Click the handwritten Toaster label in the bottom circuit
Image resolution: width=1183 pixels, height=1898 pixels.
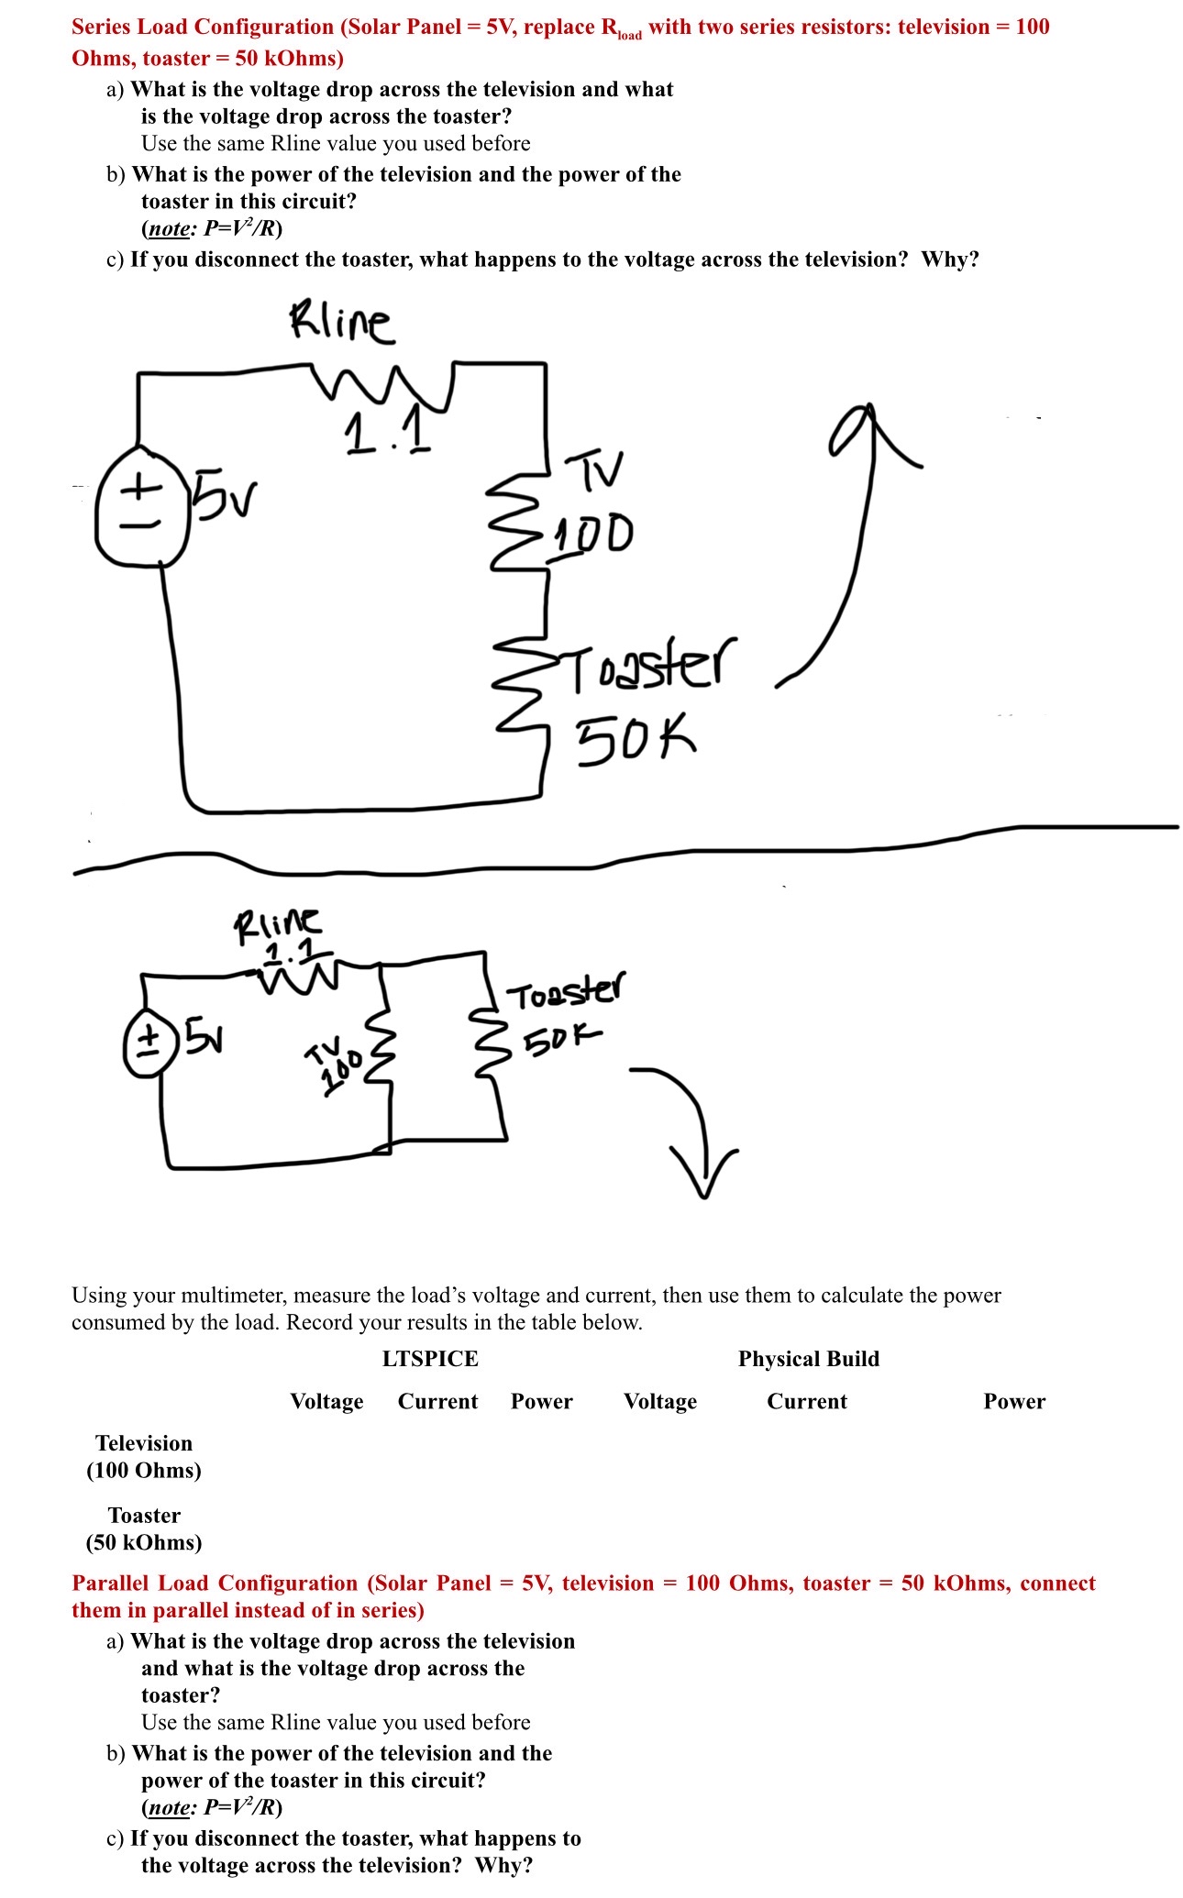coord(567,993)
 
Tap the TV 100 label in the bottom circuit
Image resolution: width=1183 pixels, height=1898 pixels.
coord(335,1066)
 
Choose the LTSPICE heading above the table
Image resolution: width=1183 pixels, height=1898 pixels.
coord(430,1358)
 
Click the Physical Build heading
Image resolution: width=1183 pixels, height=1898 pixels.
coord(808,1358)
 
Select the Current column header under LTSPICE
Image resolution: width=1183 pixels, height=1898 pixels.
coord(437,1401)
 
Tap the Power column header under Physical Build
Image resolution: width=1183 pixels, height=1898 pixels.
coord(1013,1401)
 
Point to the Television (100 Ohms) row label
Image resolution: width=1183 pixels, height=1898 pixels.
coord(144,1457)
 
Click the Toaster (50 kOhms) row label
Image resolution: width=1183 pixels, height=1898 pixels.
coord(144,1528)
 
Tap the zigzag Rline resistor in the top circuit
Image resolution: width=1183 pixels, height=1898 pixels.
coord(381,385)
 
